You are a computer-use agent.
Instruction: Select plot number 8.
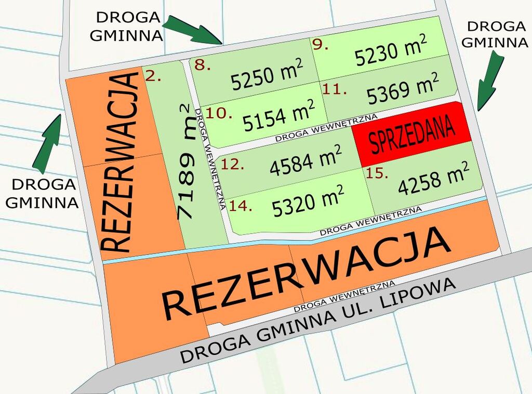pos(202,65)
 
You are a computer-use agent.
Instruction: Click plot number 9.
pos(321,45)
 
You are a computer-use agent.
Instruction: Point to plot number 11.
pos(334,90)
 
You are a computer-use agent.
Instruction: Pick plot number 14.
pos(241,206)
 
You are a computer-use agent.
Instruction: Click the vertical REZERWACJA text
pos(120,163)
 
